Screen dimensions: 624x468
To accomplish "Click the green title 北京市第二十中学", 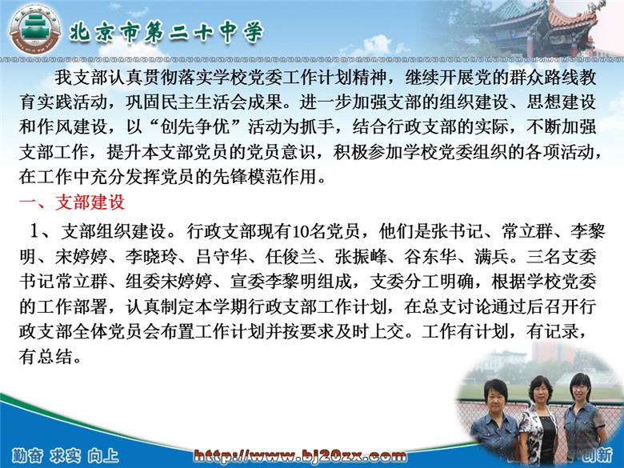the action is coord(166,31).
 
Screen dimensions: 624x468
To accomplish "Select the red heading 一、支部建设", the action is coord(72,202).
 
